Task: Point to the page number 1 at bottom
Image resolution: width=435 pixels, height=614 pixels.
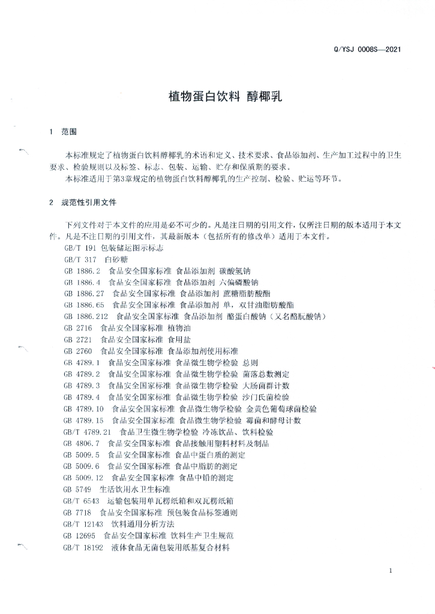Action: [391, 571]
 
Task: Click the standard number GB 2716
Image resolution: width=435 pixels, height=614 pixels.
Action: [78, 328]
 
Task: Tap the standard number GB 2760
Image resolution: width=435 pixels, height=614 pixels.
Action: [78, 351]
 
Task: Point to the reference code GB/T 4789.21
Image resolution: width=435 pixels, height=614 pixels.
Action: [88, 432]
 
